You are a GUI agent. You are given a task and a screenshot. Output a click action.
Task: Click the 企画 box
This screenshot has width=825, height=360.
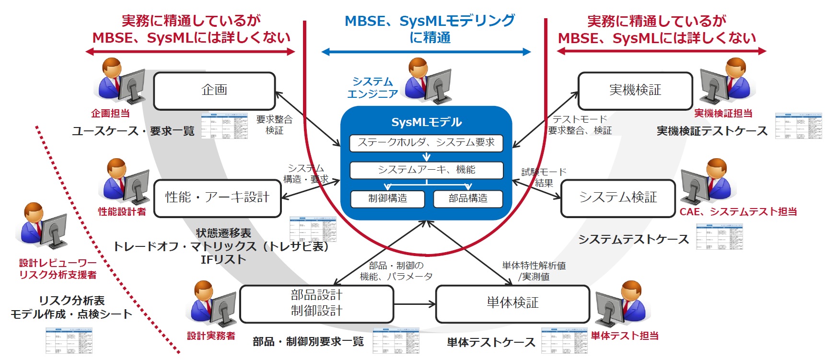point(214,91)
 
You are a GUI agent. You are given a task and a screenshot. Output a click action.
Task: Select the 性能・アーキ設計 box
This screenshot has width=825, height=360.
point(217,197)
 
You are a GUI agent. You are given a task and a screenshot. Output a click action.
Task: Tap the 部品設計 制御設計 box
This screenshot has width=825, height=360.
point(316,303)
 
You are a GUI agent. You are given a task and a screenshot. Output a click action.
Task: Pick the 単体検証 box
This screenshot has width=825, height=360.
point(512,303)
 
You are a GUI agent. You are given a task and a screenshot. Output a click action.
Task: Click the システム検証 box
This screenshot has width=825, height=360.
point(617,197)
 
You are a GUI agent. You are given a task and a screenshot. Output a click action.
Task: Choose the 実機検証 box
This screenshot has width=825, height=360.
point(635,91)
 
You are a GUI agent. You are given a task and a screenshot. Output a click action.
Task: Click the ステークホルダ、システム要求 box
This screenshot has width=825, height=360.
point(426,143)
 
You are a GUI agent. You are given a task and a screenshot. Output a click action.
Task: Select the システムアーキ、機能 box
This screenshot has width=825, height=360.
point(426,170)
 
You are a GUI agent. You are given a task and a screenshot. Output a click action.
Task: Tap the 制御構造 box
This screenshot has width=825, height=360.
point(387,199)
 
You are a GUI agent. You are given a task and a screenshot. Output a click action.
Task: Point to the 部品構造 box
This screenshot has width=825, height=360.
point(468,199)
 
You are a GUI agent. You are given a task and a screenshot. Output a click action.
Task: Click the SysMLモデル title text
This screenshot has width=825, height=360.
point(426,122)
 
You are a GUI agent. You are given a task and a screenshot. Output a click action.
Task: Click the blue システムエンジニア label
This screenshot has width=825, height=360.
point(372,88)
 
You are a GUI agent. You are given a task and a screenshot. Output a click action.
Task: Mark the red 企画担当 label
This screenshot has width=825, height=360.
point(110,114)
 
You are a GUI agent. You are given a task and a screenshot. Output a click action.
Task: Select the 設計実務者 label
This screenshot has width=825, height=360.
point(211,336)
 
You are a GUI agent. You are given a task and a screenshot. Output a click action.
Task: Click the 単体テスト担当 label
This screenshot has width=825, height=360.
point(624,336)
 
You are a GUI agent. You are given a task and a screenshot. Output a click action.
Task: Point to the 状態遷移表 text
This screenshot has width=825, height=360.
point(223,233)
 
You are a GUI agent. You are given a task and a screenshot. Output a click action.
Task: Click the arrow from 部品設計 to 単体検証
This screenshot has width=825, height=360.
point(414,304)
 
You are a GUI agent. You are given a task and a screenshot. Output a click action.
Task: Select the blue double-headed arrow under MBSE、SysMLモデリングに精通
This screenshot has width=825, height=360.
point(426,52)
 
